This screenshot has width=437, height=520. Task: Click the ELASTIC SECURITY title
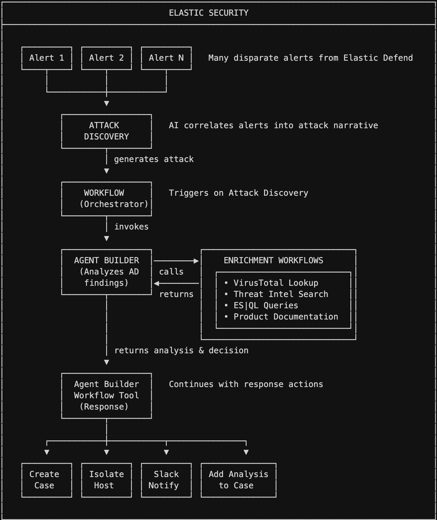[209, 13]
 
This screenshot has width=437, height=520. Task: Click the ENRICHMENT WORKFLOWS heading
[273, 261]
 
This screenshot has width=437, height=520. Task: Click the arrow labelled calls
[176, 261]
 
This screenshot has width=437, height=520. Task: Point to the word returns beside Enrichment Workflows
[176, 294]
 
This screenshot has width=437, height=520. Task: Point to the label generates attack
[154, 159]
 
